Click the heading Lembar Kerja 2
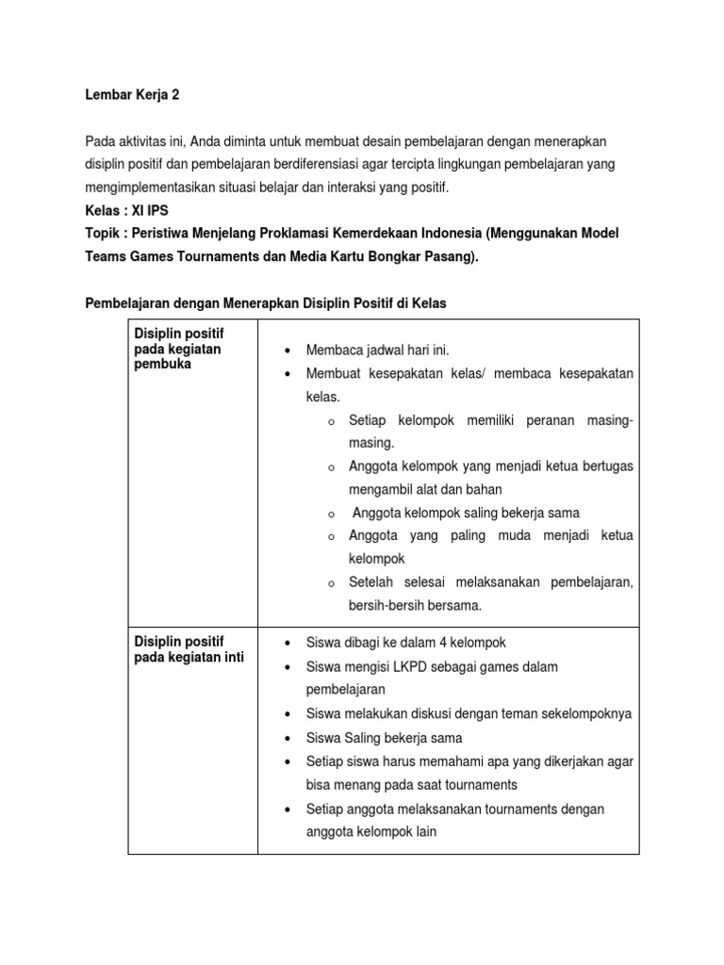click(132, 95)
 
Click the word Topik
click(104, 233)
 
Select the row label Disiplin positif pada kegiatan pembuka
click(179, 349)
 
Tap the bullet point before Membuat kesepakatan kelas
click(286, 374)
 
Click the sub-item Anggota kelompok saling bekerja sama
click(466, 513)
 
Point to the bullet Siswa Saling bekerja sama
click(384, 738)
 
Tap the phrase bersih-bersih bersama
click(415, 605)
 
